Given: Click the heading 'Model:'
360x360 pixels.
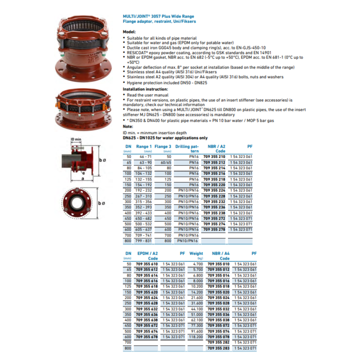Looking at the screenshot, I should coord(129,32).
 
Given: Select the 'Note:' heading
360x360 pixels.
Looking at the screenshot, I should coord(128,126).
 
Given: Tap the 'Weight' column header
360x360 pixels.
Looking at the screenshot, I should coord(196,254).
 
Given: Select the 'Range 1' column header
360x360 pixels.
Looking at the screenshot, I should coord(144,147).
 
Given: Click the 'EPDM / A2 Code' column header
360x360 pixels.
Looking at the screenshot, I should coord(147,256).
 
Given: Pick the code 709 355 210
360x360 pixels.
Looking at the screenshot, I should coord(214,156).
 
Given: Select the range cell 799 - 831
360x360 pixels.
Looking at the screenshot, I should coord(144,241).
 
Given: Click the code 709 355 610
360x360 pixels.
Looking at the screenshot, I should coord(147,263).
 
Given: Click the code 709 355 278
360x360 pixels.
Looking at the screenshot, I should coord(214,229).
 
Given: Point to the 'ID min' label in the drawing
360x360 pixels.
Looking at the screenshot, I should coord(76,139).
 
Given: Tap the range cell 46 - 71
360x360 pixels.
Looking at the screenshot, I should coord(144,156).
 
